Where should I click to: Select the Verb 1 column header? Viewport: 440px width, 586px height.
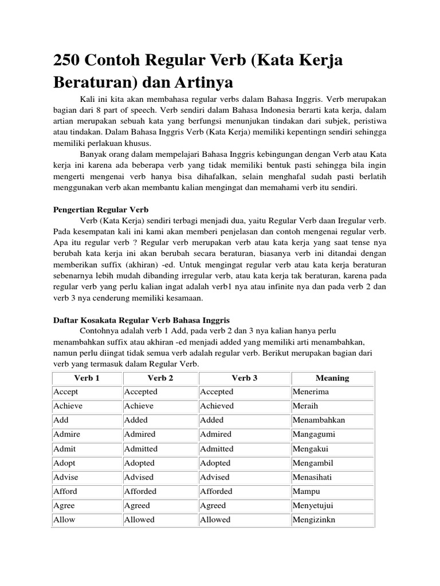87,378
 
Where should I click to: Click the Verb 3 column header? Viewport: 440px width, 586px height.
245,378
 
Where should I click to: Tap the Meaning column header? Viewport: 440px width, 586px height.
332,378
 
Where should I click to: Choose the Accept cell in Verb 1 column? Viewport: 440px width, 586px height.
66,392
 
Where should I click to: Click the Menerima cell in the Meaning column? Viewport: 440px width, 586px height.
311,392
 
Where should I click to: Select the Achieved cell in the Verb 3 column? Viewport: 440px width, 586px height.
217,406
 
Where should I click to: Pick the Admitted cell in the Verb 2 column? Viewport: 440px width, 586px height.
141,449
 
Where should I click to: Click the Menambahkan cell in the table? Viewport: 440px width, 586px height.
319,420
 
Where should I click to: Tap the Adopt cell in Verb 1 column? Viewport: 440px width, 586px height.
64,463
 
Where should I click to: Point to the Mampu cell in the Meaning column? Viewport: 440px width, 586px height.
307,492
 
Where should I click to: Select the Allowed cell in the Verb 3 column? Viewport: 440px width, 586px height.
215,520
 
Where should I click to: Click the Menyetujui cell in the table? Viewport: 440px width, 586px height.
313,506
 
